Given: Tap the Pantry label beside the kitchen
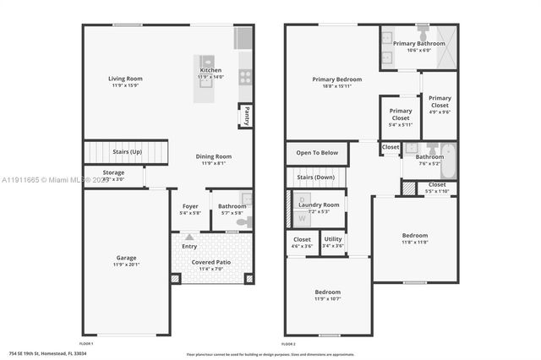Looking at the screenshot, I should (246, 115).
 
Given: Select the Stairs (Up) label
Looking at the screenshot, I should (128, 152).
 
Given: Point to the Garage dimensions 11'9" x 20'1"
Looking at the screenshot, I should (126, 265).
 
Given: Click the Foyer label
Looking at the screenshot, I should (190, 205).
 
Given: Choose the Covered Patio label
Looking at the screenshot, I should (212, 262).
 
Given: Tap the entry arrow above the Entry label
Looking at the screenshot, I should (189, 238).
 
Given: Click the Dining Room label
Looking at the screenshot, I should (213, 155).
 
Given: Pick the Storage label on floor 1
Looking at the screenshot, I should (113, 172).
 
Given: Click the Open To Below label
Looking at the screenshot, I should (317, 153).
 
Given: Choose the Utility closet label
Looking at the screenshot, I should (333, 239).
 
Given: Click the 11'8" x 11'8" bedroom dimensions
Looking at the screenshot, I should (414, 243).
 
